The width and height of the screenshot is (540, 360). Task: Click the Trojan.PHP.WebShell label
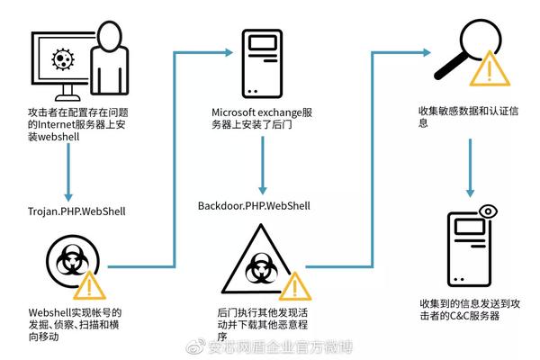76,211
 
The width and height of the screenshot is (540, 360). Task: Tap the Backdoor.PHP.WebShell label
255,206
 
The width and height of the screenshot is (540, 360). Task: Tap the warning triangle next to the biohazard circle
91,285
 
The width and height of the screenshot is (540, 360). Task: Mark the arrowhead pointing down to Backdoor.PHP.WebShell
262,188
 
